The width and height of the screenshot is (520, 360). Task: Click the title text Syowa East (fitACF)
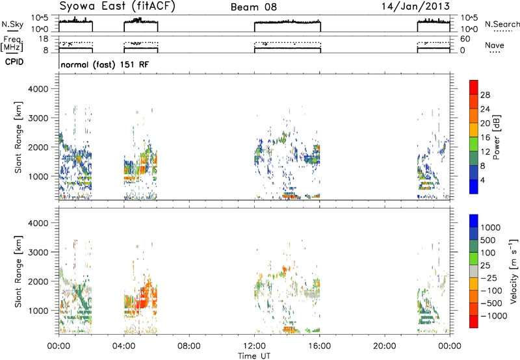[117, 6]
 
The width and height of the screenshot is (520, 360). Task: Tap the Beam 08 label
[253, 7]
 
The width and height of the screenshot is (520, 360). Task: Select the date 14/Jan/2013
[415, 6]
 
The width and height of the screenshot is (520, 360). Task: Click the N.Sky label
[12, 24]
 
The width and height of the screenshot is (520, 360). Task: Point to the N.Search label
[502, 24]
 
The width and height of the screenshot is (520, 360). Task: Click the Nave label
[495, 45]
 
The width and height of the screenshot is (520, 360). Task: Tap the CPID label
[14, 62]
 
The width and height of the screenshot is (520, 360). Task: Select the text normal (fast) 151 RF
[105, 64]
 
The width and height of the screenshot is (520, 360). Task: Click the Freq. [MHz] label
[12, 44]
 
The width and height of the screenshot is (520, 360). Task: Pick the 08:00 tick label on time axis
[189, 346]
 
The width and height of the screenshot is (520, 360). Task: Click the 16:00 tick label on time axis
[320, 346]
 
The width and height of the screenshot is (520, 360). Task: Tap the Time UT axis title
[254, 356]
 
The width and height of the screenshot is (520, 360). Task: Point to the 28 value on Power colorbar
[485, 95]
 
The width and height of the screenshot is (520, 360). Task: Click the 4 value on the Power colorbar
[482, 181]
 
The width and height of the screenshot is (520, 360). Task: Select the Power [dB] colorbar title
[497, 137]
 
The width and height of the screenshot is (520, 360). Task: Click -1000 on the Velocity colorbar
[493, 316]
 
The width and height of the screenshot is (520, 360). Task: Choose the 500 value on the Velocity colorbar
[488, 240]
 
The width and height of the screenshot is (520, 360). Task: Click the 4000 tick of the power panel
[38, 89]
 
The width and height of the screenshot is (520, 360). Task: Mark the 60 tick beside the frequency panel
[465, 39]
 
